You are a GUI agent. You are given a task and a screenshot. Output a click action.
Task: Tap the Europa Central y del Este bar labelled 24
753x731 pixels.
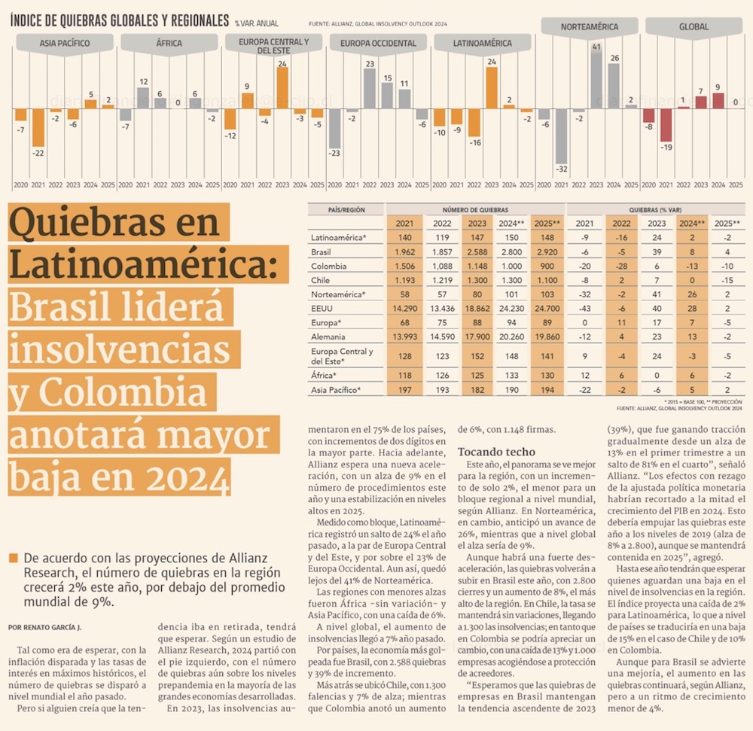(282, 90)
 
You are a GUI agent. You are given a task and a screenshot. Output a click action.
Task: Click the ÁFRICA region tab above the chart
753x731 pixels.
(169, 44)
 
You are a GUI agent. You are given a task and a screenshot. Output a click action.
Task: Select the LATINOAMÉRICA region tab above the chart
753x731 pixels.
(483, 44)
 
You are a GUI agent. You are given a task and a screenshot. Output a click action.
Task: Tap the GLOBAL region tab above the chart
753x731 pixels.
(694, 27)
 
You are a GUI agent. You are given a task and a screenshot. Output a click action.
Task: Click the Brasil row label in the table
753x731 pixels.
(322, 252)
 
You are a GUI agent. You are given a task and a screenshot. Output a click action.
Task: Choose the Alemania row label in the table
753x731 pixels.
(328, 337)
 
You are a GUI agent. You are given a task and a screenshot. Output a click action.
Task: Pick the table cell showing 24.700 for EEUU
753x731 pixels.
(545, 309)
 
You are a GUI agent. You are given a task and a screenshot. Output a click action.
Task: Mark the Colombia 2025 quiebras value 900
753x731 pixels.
(545, 267)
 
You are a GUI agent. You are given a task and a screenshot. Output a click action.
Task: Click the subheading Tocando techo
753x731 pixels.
(497, 452)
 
